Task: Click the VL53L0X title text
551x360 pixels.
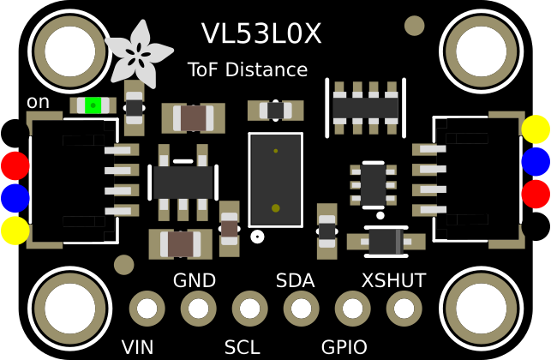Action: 261,34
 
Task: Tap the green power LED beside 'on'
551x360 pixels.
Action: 91,105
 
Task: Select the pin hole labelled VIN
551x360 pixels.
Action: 147,308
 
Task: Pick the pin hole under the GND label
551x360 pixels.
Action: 199,308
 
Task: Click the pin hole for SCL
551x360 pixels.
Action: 250,308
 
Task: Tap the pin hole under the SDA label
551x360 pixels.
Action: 302,308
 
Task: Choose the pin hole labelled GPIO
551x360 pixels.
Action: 353,308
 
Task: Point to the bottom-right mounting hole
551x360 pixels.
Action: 481,309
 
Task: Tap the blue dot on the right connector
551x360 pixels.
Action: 536,161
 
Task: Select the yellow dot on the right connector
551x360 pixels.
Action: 536,129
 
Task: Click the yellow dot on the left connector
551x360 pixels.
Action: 15,231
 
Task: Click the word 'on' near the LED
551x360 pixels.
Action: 38,102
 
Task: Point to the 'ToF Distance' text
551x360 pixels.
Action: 247,69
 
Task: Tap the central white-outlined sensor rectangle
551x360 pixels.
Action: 275,179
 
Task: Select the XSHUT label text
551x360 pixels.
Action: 393,280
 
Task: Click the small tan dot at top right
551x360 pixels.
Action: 415,26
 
